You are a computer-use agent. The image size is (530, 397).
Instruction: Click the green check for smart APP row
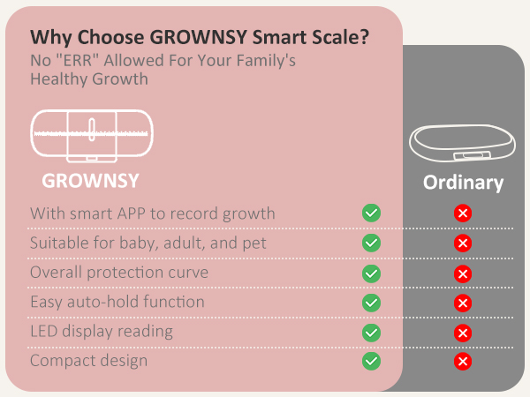coord(372,213)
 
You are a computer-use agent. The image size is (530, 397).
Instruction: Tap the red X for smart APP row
coord(462,213)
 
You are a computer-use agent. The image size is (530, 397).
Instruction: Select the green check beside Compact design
coord(372,361)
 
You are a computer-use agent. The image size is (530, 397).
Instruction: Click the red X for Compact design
coord(462,361)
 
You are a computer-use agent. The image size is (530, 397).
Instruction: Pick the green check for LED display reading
coord(372,332)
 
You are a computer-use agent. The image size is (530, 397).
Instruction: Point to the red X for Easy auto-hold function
coord(462,303)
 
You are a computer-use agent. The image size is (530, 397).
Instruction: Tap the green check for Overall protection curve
coord(372,273)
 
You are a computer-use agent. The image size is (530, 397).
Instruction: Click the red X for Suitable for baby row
coord(462,243)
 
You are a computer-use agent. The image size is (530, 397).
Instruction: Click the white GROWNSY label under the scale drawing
coord(91,182)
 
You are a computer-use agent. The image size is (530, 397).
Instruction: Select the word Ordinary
coord(463,183)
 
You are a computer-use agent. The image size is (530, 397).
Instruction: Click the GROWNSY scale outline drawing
coord(92,136)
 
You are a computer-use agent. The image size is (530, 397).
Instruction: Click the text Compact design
coord(88,361)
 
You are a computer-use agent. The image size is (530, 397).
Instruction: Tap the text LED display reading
coord(102,332)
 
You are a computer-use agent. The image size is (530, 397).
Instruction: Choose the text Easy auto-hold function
coord(117,302)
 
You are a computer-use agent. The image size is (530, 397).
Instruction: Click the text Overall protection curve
coord(119,272)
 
